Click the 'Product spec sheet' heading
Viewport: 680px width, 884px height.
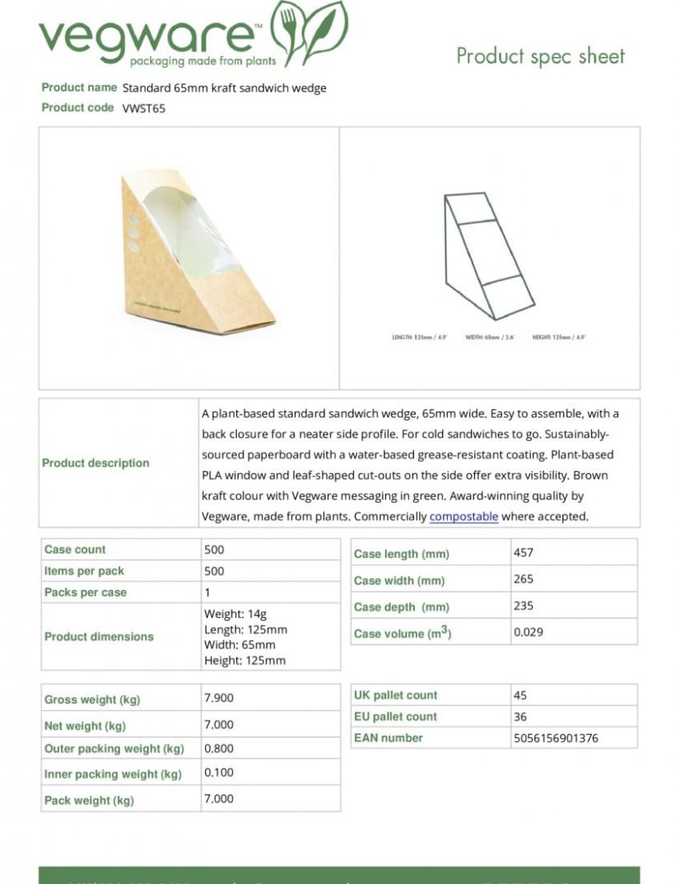[x=540, y=56]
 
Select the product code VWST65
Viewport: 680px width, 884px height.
[x=144, y=108]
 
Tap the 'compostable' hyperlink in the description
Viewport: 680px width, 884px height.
[x=463, y=517]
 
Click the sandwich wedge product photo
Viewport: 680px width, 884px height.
[x=198, y=251]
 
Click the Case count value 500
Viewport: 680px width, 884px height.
[x=214, y=550]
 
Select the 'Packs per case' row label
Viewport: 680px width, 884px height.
[x=86, y=592]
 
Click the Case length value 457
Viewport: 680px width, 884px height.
[x=524, y=553]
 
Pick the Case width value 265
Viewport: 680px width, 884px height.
[x=524, y=579]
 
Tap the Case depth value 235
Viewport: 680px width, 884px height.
[x=524, y=606]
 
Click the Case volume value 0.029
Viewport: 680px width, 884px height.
[x=529, y=632]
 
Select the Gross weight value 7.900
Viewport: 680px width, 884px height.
[x=219, y=698]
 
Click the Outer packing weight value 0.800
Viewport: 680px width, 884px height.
[x=219, y=749]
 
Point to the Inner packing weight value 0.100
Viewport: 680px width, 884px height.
[x=219, y=774]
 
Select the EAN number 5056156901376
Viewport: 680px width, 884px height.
[x=556, y=738]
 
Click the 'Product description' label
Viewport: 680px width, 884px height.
[x=95, y=463]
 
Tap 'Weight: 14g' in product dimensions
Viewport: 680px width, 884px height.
[x=235, y=614]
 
